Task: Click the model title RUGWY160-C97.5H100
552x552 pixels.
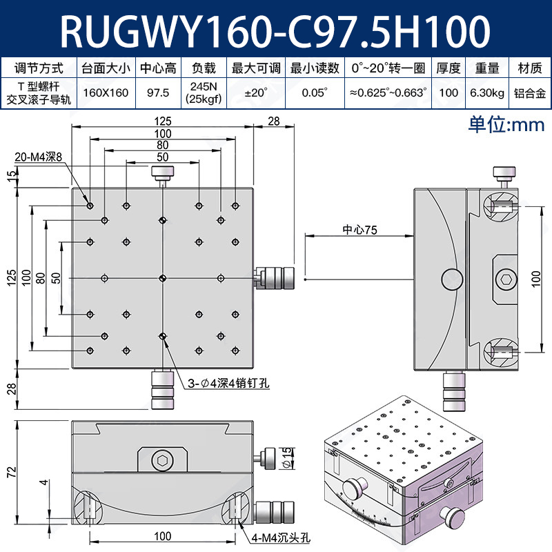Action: pyautogui.click(x=276, y=30)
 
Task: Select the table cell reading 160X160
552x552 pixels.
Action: pyautogui.click(x=106, y=92)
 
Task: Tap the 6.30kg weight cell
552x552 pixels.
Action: pyautogui.click(x=487, y=92)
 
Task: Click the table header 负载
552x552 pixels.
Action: pyautogui.click(x=204, y=68)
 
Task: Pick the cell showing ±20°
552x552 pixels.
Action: pyautogui.click(x=257, y=92)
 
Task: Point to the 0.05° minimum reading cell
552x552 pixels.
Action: pyautogui.click(x=315, y=92)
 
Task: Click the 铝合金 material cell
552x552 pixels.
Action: pyautogui.click(x=529, y=92)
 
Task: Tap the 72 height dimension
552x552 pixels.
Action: pyautogui.click(x=10, y=472)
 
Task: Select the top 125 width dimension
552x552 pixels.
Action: pyautogui.click(x=163, y=121)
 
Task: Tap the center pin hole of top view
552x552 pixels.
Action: pyautogui.click(x=162, y=278)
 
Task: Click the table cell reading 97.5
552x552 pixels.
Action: pyautogui.click(x=159, y=92)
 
